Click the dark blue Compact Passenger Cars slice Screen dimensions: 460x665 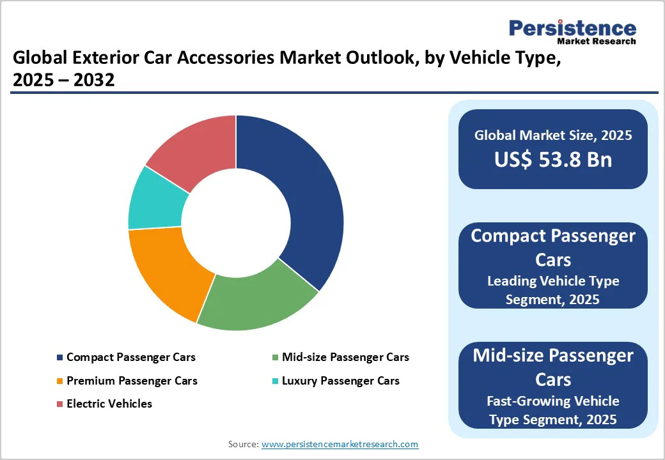click(x=301, y=192)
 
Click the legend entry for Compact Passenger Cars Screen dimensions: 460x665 click(x=130, y=357)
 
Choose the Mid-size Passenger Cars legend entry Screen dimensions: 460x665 click(x=345, y=357)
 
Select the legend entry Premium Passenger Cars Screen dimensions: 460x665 click(x=132, y=381)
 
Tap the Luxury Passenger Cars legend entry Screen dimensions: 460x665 click(x=340, y=381)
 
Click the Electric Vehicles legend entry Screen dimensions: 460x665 click(x=109, y=404)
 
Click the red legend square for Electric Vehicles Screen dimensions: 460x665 click(x=60, y=404)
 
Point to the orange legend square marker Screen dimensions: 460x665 click(x=60, y=381)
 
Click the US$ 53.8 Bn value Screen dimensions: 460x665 click(x=552, y=160)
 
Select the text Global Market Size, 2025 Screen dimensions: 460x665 click(x=552, y=135)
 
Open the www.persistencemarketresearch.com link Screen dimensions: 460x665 click(x=340, y=443)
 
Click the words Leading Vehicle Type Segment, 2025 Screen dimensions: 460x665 click(x=552, y=289)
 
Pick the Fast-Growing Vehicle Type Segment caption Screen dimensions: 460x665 click(x=552, y=410)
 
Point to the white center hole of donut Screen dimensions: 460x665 click(x=236, y=223)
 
